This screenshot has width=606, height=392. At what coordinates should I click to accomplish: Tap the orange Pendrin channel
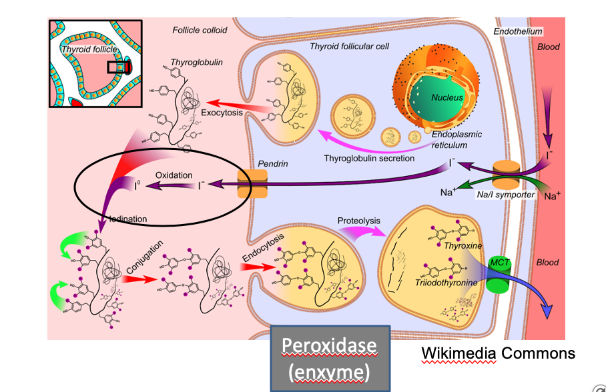coord(252,184)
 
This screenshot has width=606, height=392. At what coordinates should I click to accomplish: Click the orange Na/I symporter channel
coord(507,176)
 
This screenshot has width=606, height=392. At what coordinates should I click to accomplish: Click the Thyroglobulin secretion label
coord(369,158)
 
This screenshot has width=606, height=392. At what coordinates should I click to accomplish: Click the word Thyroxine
coord(463,246)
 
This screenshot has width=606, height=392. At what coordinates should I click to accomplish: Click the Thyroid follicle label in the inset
coord(89,49)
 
